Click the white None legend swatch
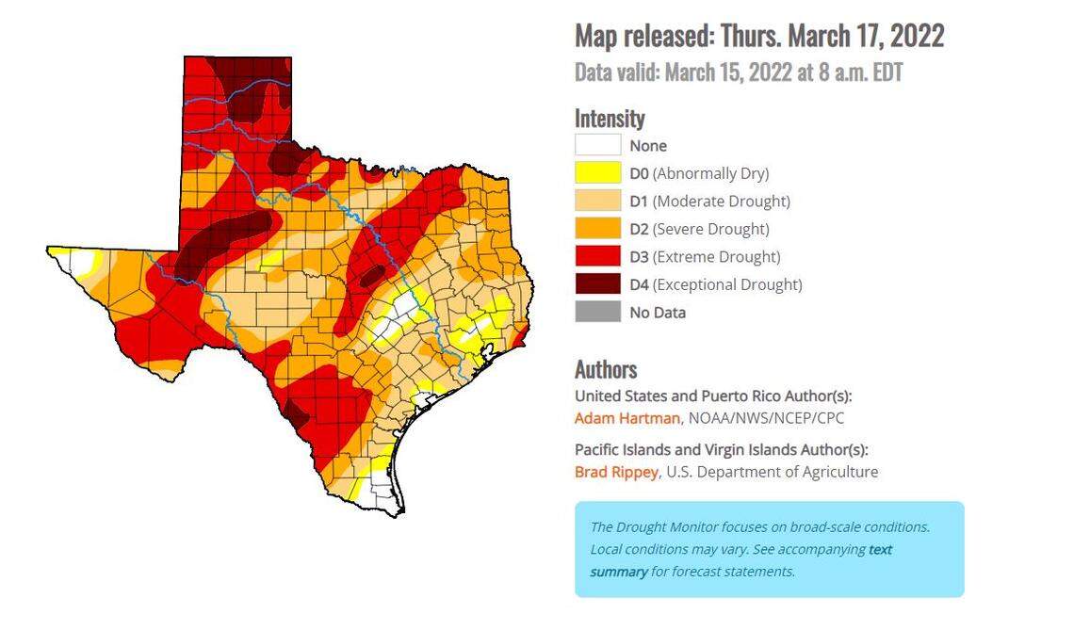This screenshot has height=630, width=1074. pos(597,145)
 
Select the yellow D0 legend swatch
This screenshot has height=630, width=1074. pos(597,173)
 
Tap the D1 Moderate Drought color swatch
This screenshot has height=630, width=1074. pos(597,201)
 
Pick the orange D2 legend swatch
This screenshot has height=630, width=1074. pos(597,229)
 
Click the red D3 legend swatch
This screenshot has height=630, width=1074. pos(597,256)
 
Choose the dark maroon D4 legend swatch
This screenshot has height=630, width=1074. pos(597,284)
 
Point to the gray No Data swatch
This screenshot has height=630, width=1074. pos(597,312)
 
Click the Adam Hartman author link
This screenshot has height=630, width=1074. pos(626,417)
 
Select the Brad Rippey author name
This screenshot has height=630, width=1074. pos(616,472)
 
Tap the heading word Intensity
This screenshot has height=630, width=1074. pos(610,119)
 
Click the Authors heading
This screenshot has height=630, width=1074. pos(606,369)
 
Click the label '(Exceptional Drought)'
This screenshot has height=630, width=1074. pos(727,284)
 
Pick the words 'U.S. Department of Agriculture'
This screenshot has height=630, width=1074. pos(772,472)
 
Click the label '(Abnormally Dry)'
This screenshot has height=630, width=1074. pos(710,173)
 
